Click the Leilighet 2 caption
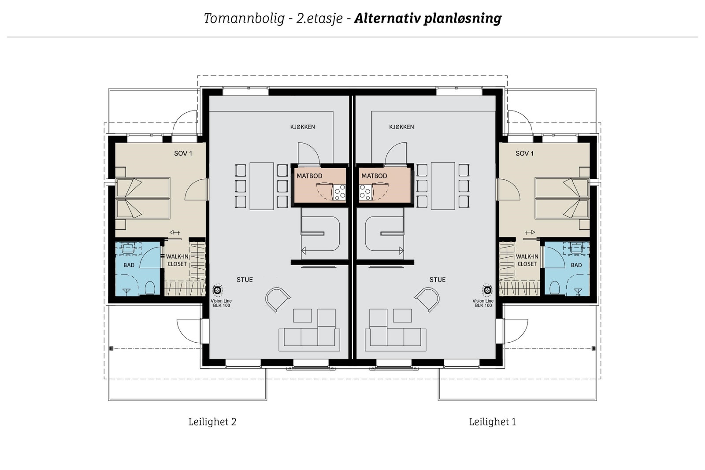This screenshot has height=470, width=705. tap(212, 422)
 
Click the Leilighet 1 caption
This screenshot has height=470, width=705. tap(492, 422)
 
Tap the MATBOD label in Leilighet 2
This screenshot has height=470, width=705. tap(309, 176)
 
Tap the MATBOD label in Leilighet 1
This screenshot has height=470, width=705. tap(374, 176)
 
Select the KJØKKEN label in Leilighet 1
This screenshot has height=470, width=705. tap(401, 127)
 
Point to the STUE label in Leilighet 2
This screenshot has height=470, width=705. tap(245, 280)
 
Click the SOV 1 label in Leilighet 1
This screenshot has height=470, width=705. tap(524, 153)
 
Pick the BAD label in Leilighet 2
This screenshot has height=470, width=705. tap(129, 265)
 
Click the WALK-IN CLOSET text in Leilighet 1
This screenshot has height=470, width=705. tap(527, 260)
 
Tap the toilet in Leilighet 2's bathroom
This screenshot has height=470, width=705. tap(150, 288)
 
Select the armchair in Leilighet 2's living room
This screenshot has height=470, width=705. tap(277, 299)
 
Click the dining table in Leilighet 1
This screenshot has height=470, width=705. tap(443, 186)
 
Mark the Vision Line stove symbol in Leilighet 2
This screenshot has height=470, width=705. tap(217, 290)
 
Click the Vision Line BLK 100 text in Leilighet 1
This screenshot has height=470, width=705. tap(483, 303)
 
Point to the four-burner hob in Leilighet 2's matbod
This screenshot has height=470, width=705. tap(339, 192)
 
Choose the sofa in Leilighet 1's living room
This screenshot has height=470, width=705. tap(395, 337)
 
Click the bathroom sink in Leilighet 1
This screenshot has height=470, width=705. tap(576, 248)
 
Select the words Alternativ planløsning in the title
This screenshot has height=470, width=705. tap(427, 19)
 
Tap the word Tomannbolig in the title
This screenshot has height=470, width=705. tap(244, 19)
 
